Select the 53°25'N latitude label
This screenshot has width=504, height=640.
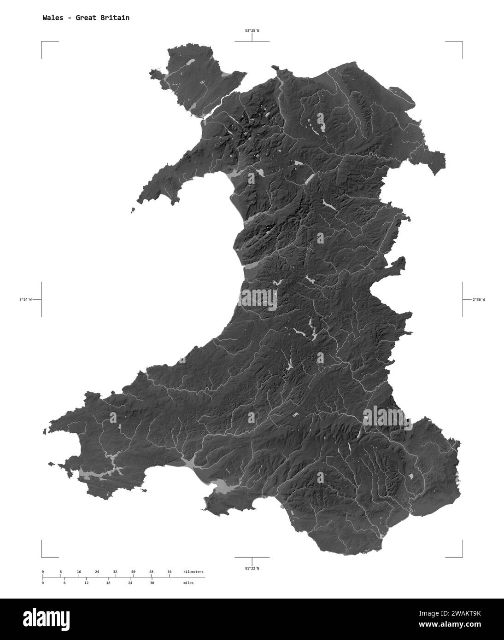coord(252,31)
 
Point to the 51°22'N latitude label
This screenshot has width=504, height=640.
coord(252,568)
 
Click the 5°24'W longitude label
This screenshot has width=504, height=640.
coord(25,300)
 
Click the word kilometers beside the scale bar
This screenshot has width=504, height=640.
coord(193,572)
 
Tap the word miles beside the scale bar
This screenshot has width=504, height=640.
coord(188,583)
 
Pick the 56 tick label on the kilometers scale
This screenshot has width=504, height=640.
coord(170,572)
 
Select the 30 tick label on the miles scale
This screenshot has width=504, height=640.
coord(152,583)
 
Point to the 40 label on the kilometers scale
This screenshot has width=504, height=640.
coord(133,572)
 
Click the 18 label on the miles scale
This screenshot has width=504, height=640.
coord(108,583)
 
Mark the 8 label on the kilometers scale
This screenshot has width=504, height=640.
coord(61,572)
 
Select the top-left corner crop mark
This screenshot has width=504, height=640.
coord(42,42)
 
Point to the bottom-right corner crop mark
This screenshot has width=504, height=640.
coord(461,556)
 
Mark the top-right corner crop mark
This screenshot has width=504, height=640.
coord(461,42)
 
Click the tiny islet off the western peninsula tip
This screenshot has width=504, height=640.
coord(133,211)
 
